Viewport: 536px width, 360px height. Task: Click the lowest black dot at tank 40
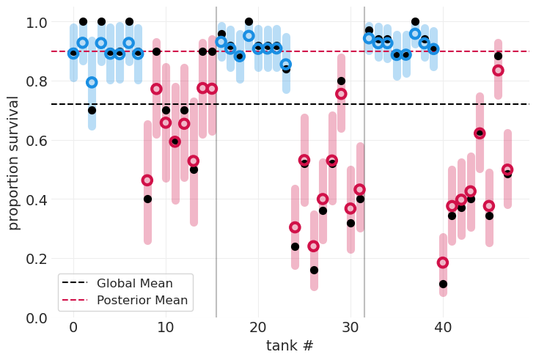pyautogui.click(x=443, y=284)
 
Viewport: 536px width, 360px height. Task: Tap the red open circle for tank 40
pyautogui.click(x=443, y=262)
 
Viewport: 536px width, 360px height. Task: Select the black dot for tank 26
pyautogui.click(x=314, y=270)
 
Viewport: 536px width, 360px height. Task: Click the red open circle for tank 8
pyautogui.click(x=147, y=180)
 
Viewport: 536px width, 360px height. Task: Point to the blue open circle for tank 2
pyautogui.click(x=92, y=82)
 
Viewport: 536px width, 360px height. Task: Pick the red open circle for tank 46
pyautogui.click(x=498, y=70)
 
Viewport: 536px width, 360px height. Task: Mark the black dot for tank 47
pyautogui.click(x=507, y=174)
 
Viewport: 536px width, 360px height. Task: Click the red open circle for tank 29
pyautogui.click(x=341, y=94)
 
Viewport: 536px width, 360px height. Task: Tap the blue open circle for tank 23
pyautogui.click(x=286, y=65)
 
